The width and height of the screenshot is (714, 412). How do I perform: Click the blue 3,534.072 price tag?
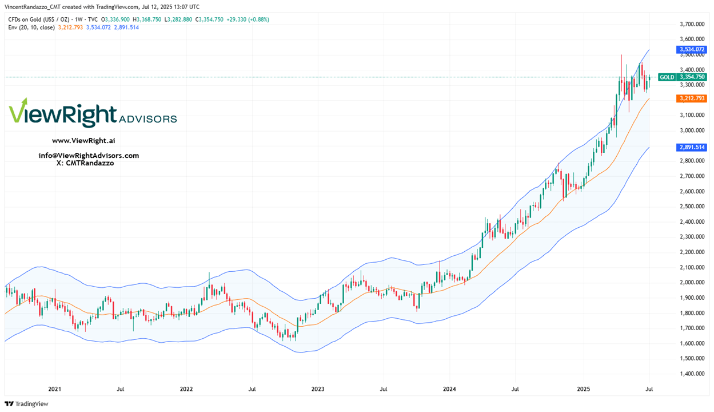(691, 50)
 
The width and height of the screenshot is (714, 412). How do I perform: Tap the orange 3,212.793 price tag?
(691, 98)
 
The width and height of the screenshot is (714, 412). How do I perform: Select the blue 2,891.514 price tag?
(691, 147)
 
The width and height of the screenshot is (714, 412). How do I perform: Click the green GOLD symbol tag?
(666, 77)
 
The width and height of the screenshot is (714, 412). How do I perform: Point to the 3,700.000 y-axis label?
(691, 24)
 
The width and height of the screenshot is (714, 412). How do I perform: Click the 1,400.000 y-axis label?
(691, 374)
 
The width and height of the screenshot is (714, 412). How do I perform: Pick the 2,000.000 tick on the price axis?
(691, 282)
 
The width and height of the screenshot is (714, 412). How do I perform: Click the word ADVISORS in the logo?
(147, 119)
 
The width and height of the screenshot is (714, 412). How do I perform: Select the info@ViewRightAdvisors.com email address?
(89, 156)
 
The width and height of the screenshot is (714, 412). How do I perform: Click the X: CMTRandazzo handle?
(85, 163)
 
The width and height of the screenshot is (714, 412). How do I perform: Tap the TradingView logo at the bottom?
(26, 404)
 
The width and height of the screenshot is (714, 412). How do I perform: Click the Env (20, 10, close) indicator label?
(31, 27)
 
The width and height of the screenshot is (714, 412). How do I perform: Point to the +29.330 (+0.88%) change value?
(247, 19)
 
